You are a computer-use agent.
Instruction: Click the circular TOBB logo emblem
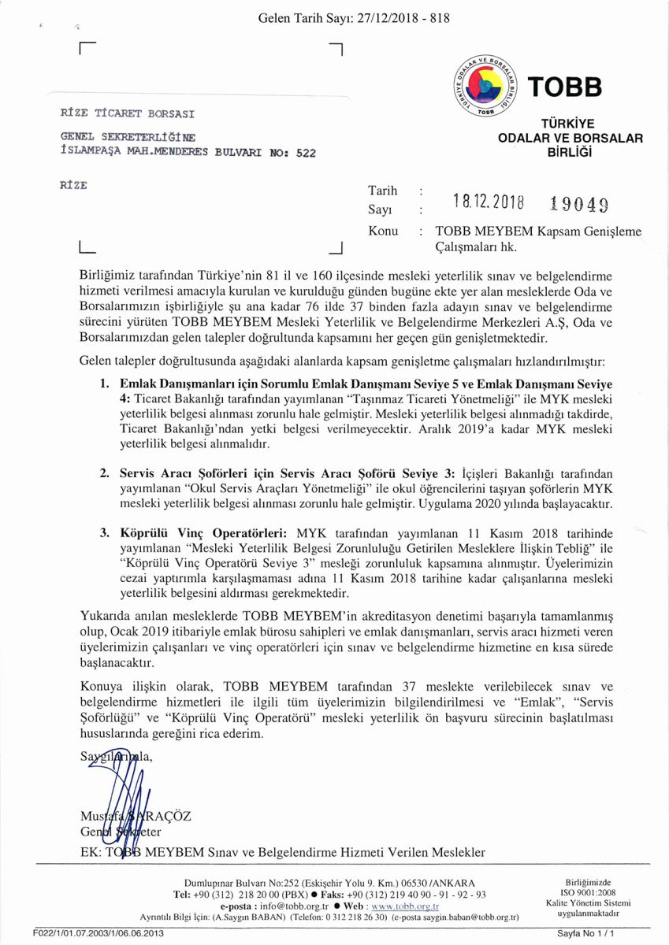point(486,86)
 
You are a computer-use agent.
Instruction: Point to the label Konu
point(383,232)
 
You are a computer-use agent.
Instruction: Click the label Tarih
point(383,191)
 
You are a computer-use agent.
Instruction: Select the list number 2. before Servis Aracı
point(104,474)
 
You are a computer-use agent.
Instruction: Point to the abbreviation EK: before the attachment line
point(94,852)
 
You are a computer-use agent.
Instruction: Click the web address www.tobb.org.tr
point(404,906)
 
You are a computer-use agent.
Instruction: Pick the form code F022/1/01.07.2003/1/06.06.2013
point(98,932)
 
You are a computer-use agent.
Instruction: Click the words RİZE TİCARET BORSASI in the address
point(128,113)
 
